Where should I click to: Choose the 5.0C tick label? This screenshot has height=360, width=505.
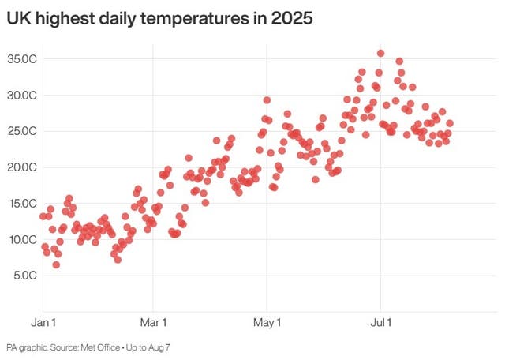(24, 276)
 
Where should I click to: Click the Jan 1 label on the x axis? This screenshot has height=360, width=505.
(43, 322)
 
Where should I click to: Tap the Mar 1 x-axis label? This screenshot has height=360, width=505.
(153, 322)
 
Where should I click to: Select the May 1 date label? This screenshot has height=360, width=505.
(267, 322)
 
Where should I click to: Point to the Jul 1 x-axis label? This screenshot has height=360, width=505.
(381, 322)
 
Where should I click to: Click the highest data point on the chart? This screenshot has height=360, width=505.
(380, 54)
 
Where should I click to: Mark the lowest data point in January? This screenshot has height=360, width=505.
(56, 264)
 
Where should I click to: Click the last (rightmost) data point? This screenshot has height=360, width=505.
(450, 123)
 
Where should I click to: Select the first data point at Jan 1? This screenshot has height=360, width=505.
(43, 216)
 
